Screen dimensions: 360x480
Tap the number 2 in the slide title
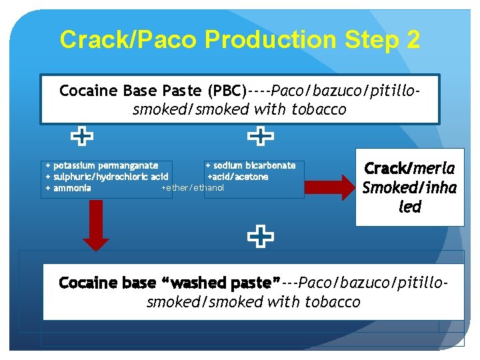coord(411,40)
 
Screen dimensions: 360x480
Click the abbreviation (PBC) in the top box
coord(227,90)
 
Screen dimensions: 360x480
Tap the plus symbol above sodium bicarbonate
coord(260,137)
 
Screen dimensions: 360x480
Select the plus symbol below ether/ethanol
coord(260,235)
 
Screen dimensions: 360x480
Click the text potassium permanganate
coord(105,165)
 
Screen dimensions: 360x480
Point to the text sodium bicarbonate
coord(254,165)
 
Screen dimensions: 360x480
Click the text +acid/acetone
coord(238,177)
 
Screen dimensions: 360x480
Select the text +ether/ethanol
coord(193,188)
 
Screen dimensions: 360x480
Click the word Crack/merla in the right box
coord(409,169)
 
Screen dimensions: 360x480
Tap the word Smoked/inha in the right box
coord(409,188)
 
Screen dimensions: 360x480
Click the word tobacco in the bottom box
coord(332,302)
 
